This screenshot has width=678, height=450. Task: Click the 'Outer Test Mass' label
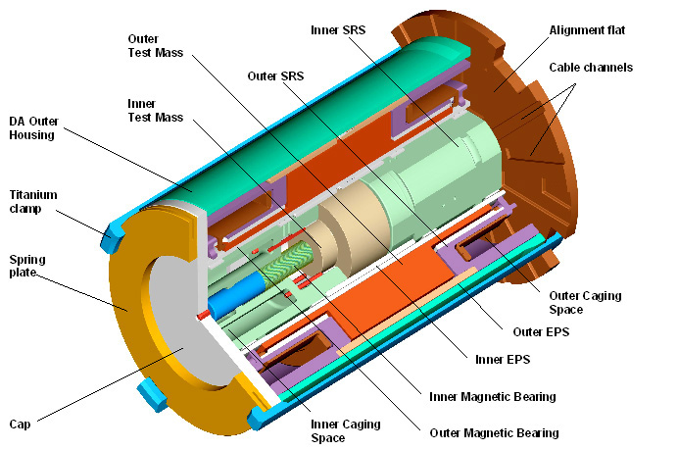(154, 46)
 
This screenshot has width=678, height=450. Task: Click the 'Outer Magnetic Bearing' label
(494, 432)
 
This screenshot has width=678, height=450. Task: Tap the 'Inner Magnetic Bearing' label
(493, 397)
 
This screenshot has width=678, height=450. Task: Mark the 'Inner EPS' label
(503, 361)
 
